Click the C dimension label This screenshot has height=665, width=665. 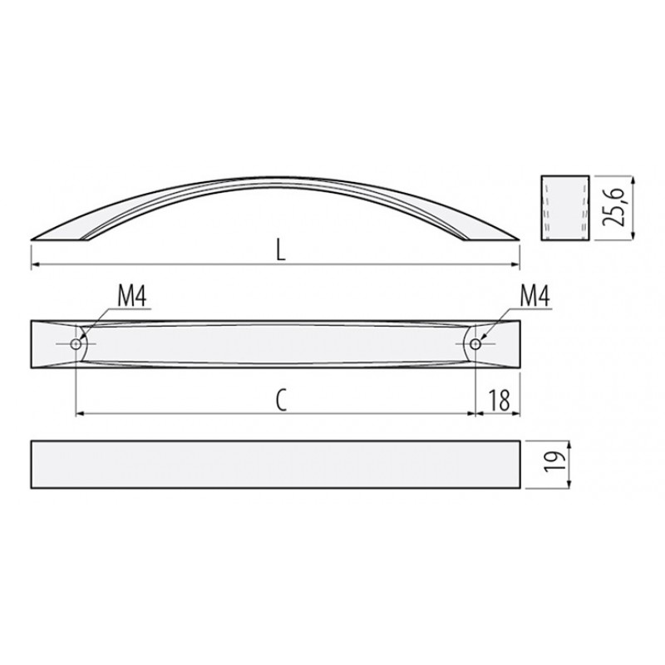click(281, 400)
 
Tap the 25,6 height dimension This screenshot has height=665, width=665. click(614, 206)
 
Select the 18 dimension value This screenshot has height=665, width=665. click(500, 400)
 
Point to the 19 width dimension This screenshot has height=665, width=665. click(556, 462)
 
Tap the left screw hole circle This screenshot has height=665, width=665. click(76, 344)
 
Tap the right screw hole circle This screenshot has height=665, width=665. click(475, 344)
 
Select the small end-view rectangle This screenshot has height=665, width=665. click(565, 208)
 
